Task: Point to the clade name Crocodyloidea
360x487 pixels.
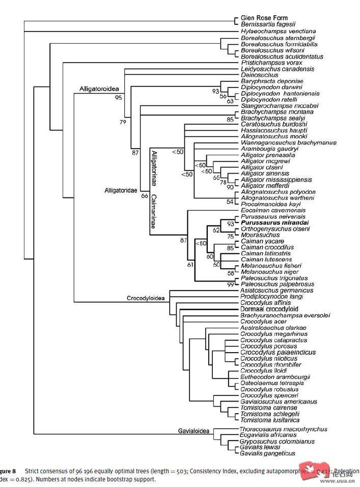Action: point(146,299)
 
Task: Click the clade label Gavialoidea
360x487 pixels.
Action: point(194,432)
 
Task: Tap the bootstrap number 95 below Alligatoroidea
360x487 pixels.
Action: point(119,97)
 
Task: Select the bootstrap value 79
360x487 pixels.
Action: point(123,122)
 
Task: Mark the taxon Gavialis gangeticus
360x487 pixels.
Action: point(268,453)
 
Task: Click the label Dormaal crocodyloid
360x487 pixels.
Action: point(269,309)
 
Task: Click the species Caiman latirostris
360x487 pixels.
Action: point(267,253)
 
